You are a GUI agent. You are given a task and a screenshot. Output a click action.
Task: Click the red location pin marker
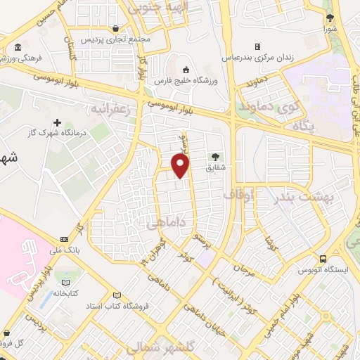pyautogui.click(x=181, y=166)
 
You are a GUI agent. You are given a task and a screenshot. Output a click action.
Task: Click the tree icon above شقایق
pyautogui.click(x=215, y=156)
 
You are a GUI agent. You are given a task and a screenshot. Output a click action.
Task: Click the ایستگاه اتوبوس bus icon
pyautogui.click(x=323, y=259)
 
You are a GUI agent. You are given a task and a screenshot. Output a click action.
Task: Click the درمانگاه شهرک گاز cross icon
pyautogui.click(x=58, y=123)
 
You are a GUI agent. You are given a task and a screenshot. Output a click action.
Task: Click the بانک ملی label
pyautogui.click(x=67, y=250)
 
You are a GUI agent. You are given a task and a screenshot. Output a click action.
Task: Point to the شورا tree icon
pyautogui.click(x=329, y=18)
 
